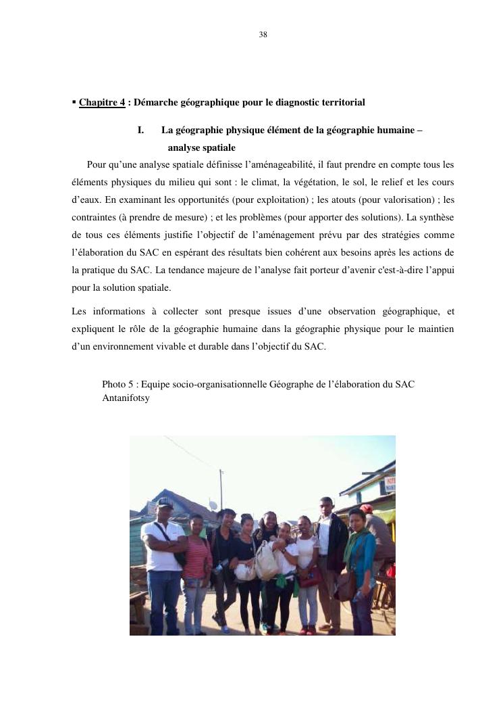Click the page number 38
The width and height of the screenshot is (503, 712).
263,34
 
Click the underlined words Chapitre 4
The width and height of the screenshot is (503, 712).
102,103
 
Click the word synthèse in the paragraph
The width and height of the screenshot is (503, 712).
436,217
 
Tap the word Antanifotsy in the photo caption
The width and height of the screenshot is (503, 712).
126,398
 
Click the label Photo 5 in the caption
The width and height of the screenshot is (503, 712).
116,384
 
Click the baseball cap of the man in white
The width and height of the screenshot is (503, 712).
165,502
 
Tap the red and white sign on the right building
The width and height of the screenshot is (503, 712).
390,485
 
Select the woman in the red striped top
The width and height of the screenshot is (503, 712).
197,568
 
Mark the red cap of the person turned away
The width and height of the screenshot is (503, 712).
367,508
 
